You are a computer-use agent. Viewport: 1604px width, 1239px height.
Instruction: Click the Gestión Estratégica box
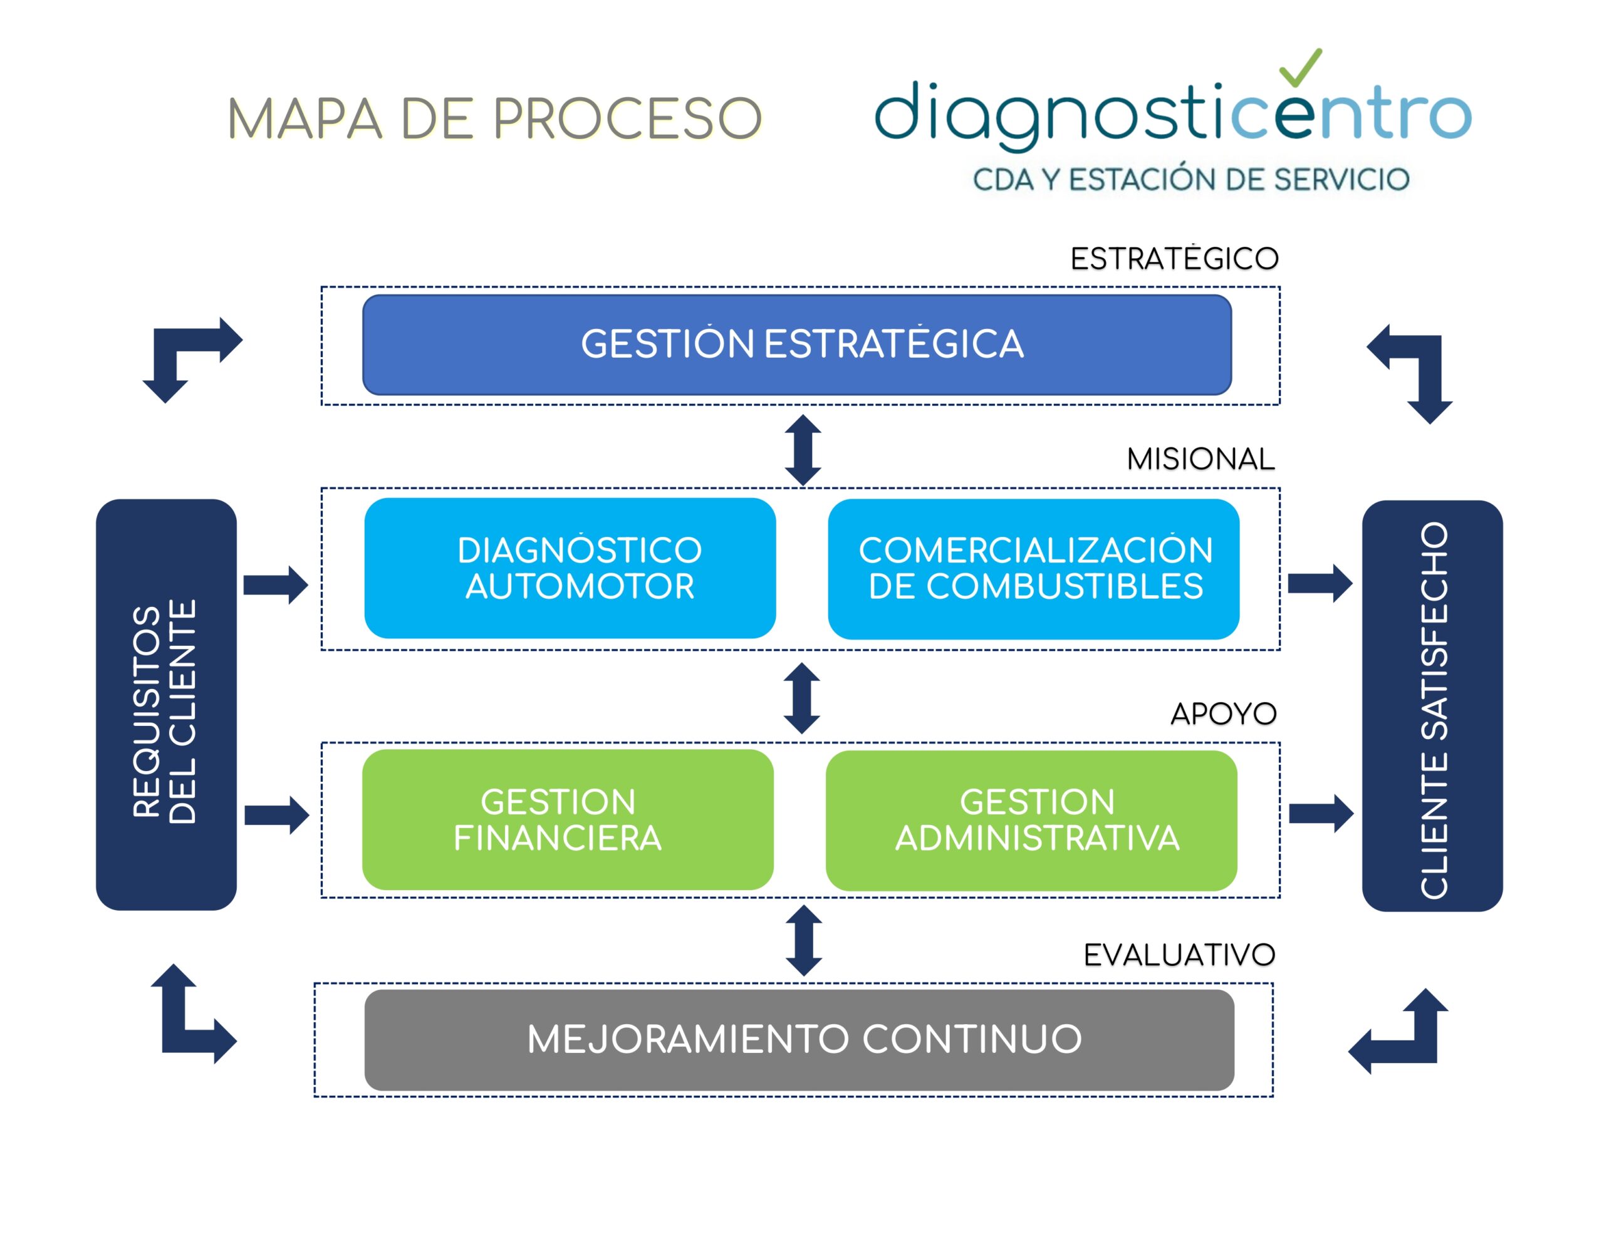click(x=796, y=345)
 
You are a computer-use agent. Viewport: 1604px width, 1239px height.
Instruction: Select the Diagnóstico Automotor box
click(x=570, y=568)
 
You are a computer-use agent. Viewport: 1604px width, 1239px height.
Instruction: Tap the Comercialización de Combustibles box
click(x=1033, y=569)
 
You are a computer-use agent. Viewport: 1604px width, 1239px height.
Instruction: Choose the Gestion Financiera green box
click(x=568, y=820)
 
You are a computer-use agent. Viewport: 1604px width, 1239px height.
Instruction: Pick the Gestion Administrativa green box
click(x=1031, y=821)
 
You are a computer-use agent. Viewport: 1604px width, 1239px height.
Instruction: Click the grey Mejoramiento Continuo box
click(x=799, y=1039)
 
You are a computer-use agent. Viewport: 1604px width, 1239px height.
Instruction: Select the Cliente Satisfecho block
click(x=1432, y=706)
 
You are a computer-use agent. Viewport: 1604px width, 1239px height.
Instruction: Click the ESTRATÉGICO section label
click(x=1174, y=259)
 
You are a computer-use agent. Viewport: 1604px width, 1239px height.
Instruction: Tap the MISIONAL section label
click(x=1200, y=459)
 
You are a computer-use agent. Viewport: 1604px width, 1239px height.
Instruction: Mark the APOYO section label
click(x=1223, y=713)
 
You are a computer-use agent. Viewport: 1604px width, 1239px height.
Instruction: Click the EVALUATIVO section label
click(x=1179, y=955)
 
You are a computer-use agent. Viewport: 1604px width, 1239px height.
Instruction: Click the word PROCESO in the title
click(x=628, y=119)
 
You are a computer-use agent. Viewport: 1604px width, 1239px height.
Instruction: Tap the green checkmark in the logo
click(x=1300, y=68)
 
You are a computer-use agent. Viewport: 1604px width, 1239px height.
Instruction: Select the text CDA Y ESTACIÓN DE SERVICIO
click(x=1190, y=180)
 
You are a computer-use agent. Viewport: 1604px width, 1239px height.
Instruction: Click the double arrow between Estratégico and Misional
click(x=803, y=450)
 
